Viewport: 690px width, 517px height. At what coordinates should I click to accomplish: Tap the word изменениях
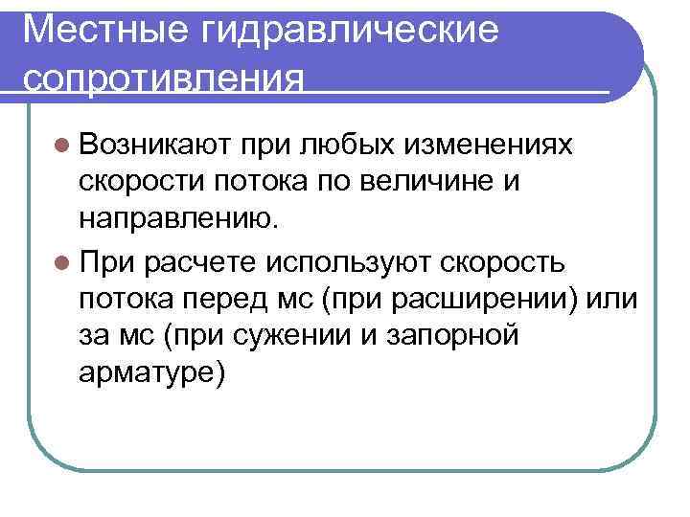[x=488, y=145]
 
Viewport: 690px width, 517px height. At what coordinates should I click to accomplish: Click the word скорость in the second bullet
[x=519, y=260]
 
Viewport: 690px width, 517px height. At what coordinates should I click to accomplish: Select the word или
[x=613, y=299]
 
